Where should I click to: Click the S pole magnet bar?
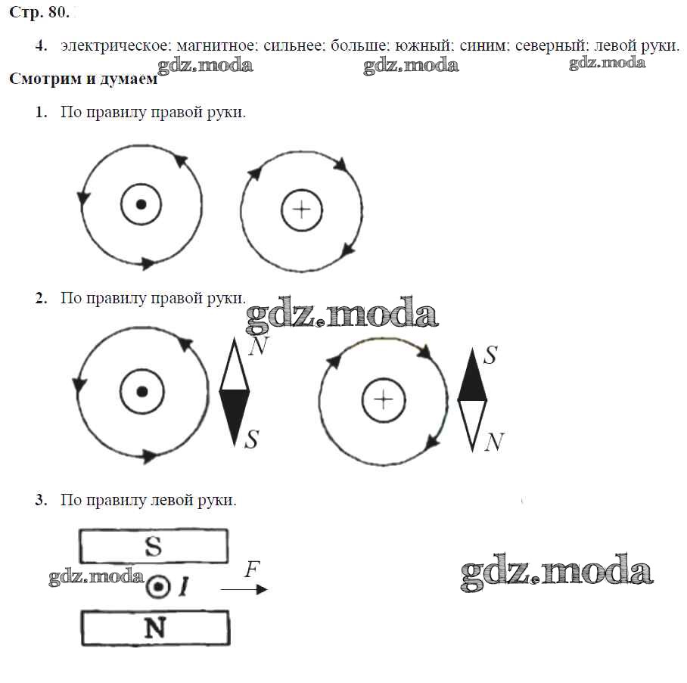[154, 546]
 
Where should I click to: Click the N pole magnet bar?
[154, 628]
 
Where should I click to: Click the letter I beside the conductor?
[183, 588]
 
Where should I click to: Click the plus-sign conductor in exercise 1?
[302, 210]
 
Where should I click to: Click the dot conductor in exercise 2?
[141, 391]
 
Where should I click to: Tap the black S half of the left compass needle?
[235, 416]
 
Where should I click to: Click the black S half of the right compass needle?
[473, 377]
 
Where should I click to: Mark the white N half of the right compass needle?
[473, 424]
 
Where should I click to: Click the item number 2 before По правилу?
[41, 298]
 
